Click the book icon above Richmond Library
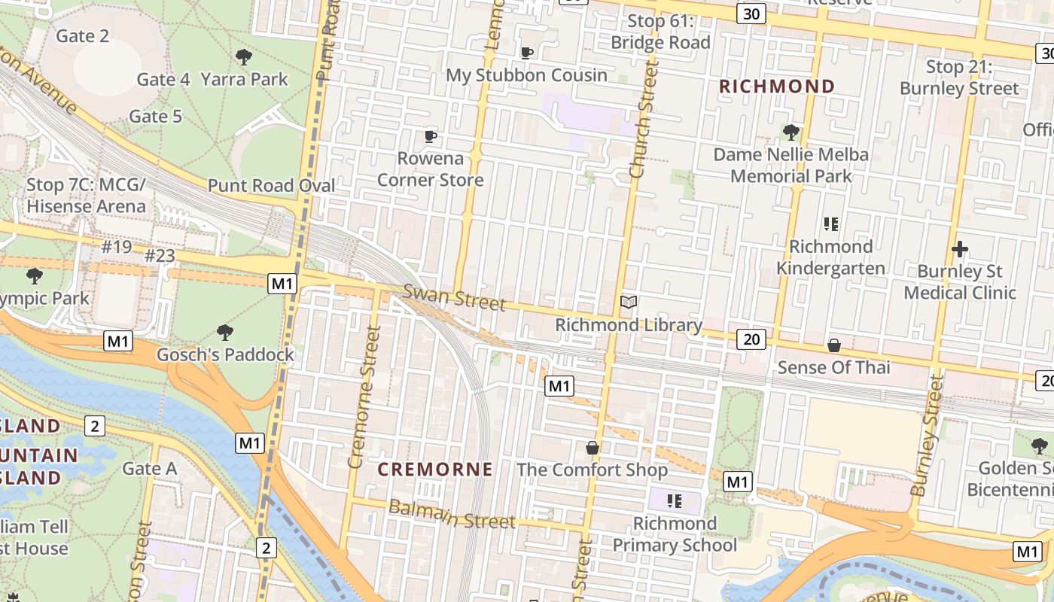click(x=629, y=303)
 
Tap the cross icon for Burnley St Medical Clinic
click(x=960, y=249)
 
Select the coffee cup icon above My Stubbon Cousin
click(x=527, y=53)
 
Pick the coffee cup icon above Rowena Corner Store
click(x=430, y=136)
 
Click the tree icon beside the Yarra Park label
click(x=243, y=56)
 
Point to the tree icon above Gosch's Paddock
click(x=224, y=332)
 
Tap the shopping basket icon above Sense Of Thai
click(x=833, y=345)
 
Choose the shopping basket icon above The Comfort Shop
click(x=592, y=448)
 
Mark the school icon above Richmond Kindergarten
click(x=831, y=224)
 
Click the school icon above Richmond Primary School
click(x=674, y=500)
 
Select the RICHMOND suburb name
click(x=777, y=87)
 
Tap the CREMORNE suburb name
click(x=435, y=470)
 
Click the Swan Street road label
click(x=454, y=297)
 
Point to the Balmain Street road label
click(x=452, y=514)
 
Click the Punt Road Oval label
click(x=272, y=186)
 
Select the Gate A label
click(x=149, y=469)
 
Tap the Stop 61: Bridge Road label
click(x=660, y=32)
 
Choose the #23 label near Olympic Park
click(x=160, y=257)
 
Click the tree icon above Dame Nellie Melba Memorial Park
click(x=790, y=132)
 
